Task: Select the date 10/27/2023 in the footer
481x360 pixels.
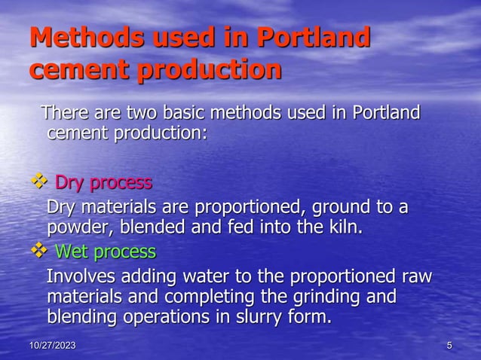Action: click(52, 346)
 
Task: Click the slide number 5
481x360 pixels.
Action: click(449, 346)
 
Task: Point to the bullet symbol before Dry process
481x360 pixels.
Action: click(38, 183)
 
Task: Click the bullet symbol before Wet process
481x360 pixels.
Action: click(38, 251)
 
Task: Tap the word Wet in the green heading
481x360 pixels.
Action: click(72, 251)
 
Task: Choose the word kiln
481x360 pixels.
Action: click(344, 227)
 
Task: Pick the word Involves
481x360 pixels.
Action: click(78, 276)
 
